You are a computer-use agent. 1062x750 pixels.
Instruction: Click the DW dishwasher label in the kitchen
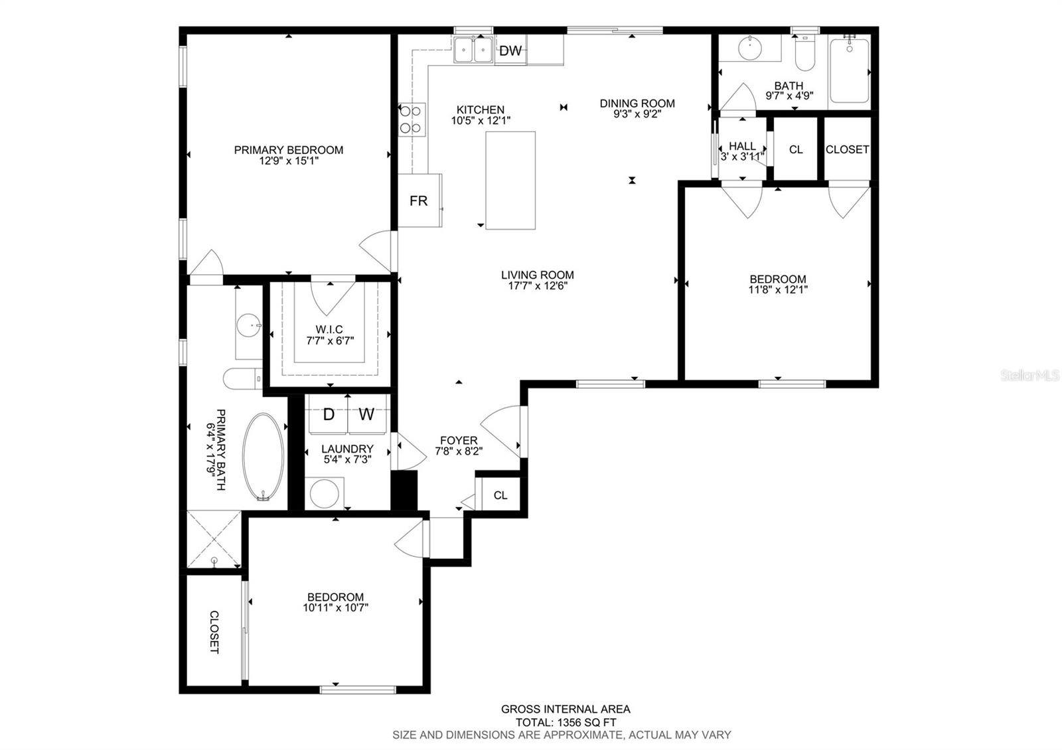510,50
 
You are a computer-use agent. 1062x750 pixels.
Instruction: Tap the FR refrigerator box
419,200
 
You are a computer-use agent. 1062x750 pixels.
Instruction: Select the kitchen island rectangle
510,181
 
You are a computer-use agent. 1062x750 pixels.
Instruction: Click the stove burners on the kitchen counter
412,120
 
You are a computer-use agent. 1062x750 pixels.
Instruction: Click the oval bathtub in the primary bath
264,457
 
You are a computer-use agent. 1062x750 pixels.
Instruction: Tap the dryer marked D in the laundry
328,415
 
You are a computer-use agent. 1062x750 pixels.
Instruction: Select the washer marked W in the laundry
366,415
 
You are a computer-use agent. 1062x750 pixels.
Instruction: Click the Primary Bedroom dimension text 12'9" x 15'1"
289,161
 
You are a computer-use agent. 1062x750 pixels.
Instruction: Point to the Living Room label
537,275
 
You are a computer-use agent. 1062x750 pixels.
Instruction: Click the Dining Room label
637,104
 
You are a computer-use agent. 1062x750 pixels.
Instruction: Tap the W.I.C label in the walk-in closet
329,330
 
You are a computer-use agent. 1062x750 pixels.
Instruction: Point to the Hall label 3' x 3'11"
742,151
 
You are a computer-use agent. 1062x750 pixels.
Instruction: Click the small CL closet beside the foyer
500,495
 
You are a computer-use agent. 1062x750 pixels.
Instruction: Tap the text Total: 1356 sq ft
566,722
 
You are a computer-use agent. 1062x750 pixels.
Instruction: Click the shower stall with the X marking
214,538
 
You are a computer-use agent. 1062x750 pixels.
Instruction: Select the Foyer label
459,441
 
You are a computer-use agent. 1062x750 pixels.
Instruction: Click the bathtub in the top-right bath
849,70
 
